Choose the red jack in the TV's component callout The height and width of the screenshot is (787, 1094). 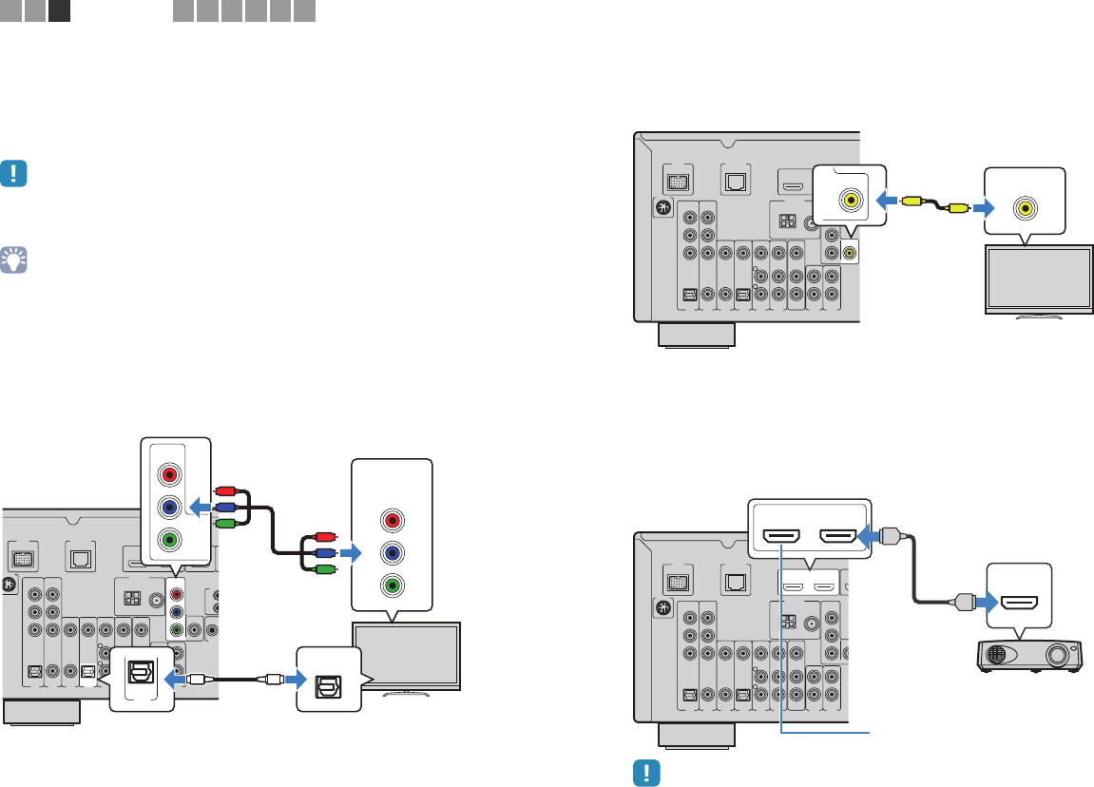[391, 520]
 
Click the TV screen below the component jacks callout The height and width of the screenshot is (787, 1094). [406, 656]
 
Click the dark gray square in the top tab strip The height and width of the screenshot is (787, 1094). [59, 11]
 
